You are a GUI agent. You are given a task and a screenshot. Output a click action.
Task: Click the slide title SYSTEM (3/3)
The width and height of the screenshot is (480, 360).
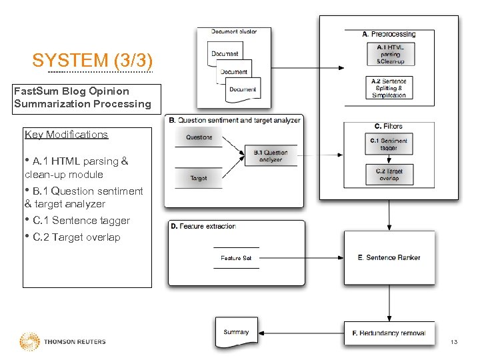point(93,60)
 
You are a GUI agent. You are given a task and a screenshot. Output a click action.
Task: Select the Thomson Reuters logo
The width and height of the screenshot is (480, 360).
point(63,341)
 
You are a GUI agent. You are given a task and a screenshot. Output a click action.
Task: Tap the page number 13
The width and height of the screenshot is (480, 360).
point(454,342)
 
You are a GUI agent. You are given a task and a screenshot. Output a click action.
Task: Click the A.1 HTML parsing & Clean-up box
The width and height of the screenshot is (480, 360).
point(390,54)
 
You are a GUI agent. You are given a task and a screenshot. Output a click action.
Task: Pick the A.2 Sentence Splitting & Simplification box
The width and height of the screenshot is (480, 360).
point(390,88)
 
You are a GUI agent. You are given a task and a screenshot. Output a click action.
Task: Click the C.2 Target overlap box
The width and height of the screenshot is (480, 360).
point(389,175)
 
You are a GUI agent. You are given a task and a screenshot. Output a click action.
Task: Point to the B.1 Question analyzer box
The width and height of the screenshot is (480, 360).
point(271,156)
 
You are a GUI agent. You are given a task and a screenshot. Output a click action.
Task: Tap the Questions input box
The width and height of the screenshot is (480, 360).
point(199,137)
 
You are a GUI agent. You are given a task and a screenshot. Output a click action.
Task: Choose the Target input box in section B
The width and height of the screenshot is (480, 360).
point(199,178)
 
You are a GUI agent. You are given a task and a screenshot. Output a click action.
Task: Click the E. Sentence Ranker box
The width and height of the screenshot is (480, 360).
point(389,257)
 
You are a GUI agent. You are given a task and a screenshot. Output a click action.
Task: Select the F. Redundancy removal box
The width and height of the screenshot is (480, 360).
point(389,333)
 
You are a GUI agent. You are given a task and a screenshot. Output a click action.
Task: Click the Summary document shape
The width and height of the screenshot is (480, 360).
point(237,333)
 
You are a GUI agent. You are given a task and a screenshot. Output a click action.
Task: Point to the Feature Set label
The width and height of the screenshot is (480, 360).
point(236,258)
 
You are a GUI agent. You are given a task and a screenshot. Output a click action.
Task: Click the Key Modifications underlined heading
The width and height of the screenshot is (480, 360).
point(66,135)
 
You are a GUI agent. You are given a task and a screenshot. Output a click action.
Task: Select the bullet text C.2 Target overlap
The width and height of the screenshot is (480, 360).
point(75,237)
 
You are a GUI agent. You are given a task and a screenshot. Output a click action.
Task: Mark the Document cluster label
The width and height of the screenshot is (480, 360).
point(233,31)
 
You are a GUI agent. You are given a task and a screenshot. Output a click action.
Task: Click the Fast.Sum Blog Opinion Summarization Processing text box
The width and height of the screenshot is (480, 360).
point(82,97)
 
